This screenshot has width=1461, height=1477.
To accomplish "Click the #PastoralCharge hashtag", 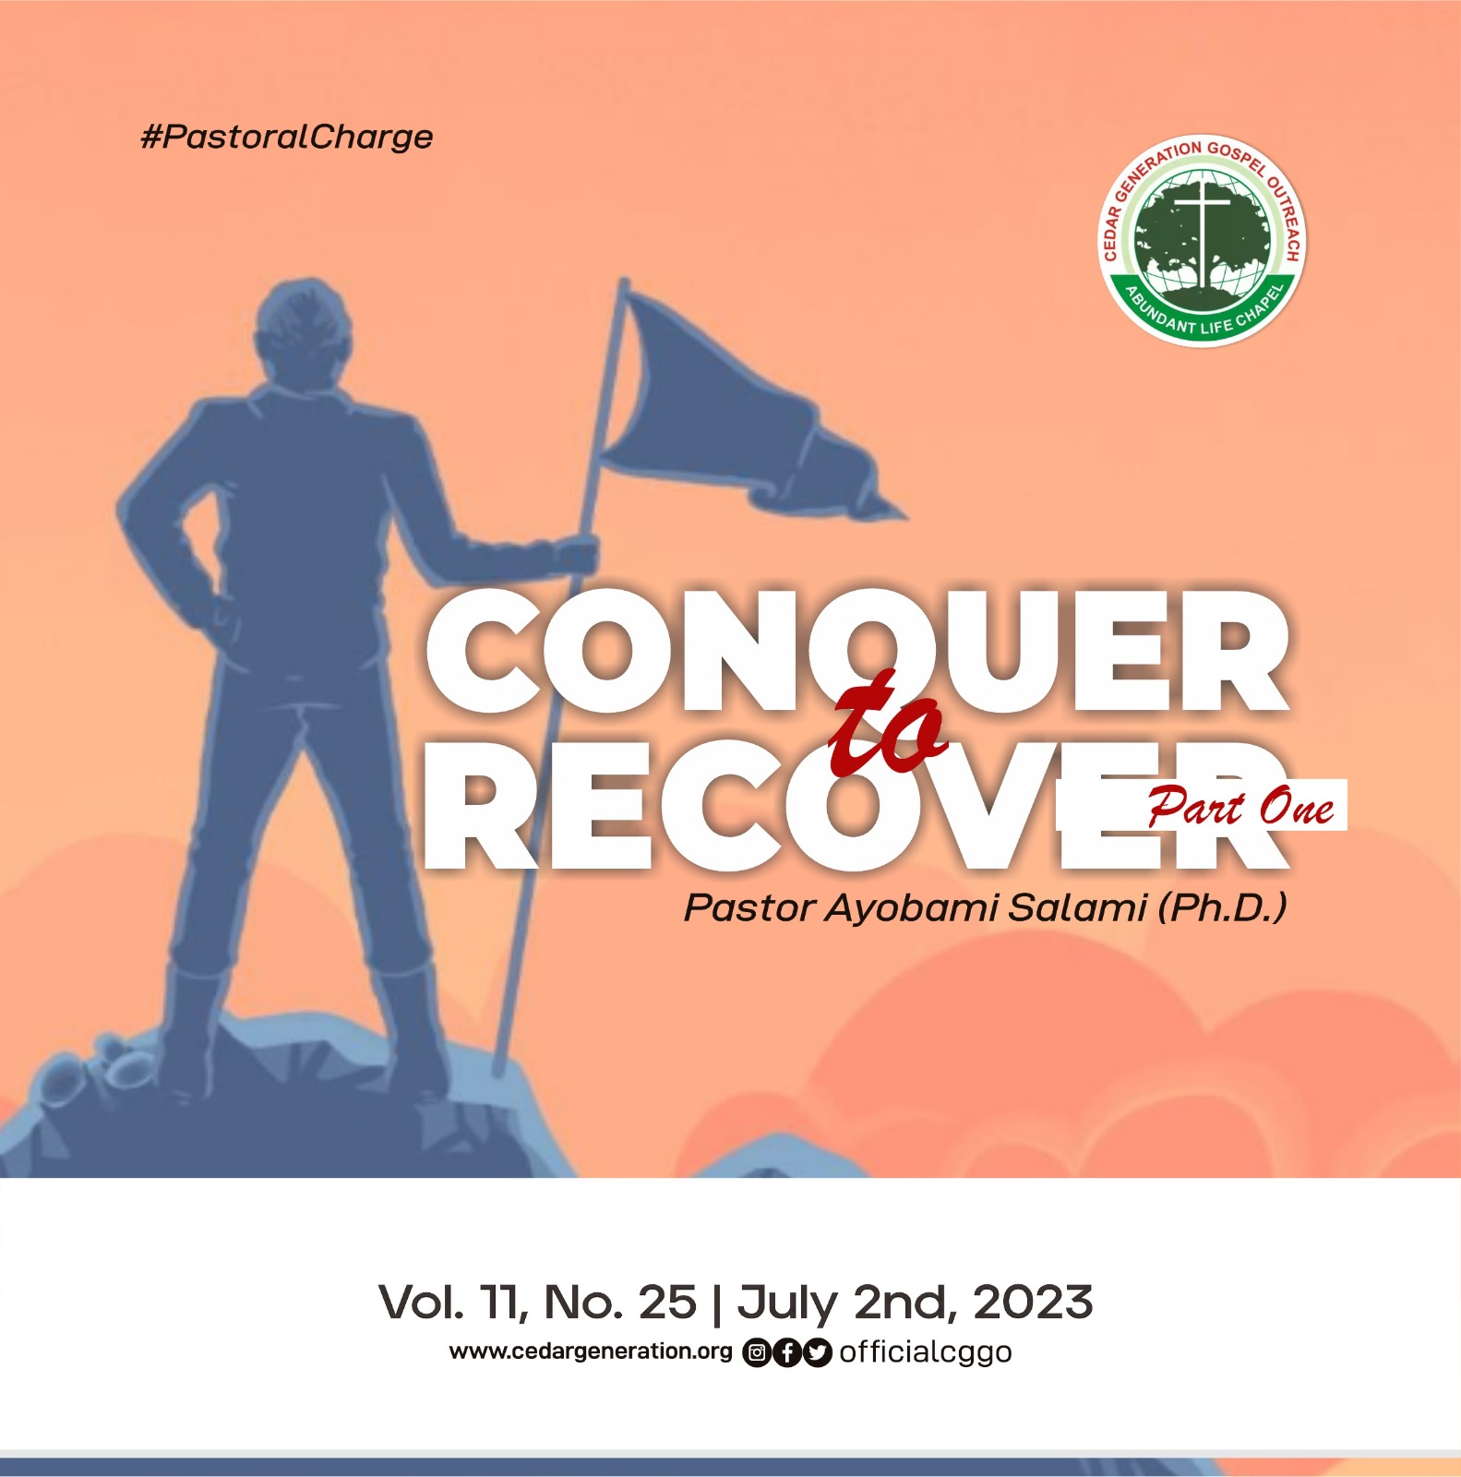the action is (x=286, y=138).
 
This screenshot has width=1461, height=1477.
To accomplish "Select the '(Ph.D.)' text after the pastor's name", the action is (x=1222, y=907).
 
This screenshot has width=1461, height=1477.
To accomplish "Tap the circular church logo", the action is (x=1203, y=240).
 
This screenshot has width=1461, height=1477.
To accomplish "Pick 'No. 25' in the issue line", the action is (x=620, y=1303).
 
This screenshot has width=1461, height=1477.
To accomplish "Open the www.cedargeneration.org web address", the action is (x=591, y=1351).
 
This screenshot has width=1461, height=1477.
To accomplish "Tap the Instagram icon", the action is (x=757, y=1353).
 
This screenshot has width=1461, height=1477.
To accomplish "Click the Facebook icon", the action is (x=786, y=1353).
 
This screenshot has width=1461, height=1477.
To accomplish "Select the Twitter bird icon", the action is (x=817, y=1353).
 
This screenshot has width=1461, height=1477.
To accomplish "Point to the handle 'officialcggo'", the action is (x=925, y=1352).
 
